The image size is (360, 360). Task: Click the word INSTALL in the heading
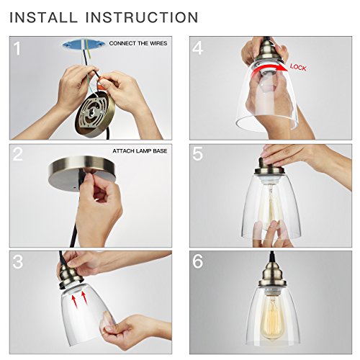[x=43, y=17]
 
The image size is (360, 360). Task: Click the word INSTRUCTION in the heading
[x=142, y=17]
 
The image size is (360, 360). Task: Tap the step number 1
[x=17, y=48]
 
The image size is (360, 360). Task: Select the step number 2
[x=17, y=154]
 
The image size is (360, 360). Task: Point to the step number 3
[x=18, y=261]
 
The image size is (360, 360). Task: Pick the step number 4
[x=197, y=48]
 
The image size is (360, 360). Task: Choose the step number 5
[x=197, y=154]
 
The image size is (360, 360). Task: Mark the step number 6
[x=197, y=261]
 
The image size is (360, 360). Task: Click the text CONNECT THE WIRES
[x=138, y=43]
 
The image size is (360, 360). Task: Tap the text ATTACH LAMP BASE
[x=140, y=151]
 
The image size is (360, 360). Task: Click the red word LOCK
[x=298, y=67]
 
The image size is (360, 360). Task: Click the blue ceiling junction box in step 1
[x=84, y=44]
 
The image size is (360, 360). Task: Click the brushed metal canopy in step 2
[x=82, y=174]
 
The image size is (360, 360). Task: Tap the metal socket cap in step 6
[x=271, y=274]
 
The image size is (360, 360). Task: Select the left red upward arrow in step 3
[x=76, y=300]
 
